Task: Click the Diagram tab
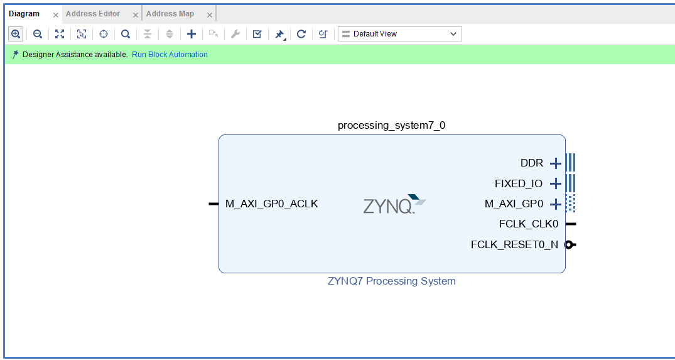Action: (x=24, y=14)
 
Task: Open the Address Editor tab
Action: (x=93, y=14)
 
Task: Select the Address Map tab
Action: (x=170, y=14)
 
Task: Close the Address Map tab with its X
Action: (x=210, y=15)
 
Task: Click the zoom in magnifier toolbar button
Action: (x=16, y=33)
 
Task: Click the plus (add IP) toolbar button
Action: (x=191, y=34)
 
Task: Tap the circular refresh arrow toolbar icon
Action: (x=301, y=34)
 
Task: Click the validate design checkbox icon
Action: (x=257, y=34)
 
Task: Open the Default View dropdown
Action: (x=400, y=34)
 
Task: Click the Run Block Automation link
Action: (x=170, y=55)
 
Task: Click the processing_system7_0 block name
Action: (x=391, y=125)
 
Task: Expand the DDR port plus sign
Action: (x=556, y=163)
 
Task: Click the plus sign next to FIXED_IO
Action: (x=556, y=184)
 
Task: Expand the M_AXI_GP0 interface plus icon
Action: (x=556, y=204)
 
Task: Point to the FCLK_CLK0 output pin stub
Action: (x=571, y=224)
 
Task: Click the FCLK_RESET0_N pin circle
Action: (x=569, y=244)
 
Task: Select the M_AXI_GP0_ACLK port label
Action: (x=272, y=204)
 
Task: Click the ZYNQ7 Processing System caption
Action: (x=392, y=281)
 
